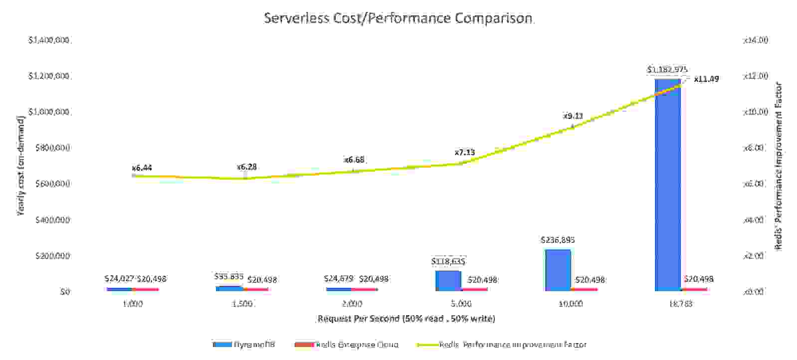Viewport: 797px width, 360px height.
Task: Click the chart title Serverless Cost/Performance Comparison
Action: [398, 18]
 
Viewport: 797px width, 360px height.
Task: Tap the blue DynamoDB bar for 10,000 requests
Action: [558, 270]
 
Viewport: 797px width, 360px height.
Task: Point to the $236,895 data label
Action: [558, 240]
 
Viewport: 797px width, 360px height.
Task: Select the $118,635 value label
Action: [448, 261]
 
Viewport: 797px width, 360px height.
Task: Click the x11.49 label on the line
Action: [706, 79]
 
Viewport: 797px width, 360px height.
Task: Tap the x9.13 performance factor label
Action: [573, 116]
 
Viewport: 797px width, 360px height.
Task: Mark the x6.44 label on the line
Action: [142, 168]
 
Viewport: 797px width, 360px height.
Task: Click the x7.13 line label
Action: [464, 152]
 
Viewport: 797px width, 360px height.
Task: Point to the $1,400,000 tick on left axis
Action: [48, 40]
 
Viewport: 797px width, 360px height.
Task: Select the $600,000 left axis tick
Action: [52, 183]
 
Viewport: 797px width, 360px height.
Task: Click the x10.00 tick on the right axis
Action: [755, 112]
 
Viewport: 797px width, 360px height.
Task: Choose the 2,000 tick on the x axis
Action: [352, 304]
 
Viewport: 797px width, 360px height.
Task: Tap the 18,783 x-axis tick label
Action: [680, 304]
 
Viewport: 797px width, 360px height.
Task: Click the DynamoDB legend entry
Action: [244, 345]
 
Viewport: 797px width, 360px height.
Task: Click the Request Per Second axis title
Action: [406, 318]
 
